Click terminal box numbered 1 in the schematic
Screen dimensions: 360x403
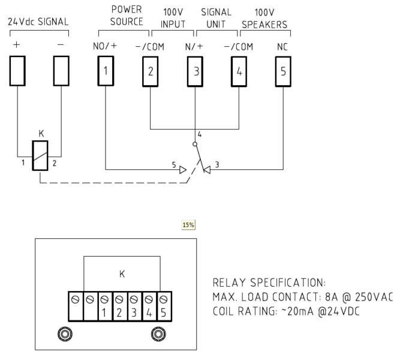[x=106, y=70]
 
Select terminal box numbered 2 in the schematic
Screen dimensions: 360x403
[x=150, y=70]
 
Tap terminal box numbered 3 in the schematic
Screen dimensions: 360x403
[x=194, y=70]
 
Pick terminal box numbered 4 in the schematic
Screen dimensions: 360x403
[x=239, y=70]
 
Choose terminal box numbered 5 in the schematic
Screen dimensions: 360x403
[x=283, y=70]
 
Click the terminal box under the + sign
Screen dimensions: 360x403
[x=17, y=70]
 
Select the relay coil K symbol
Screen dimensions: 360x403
[x=40, y=155]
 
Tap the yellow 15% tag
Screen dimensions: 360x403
[x=189, y=225]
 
